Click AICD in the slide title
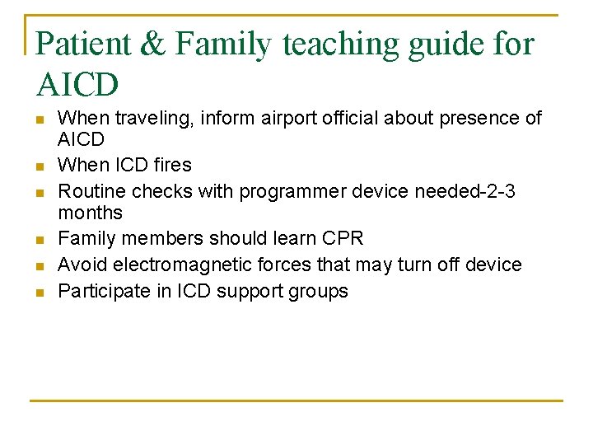tap(78, 83)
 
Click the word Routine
tap(89, 191)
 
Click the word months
tap(90, 213)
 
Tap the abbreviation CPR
tap(343, 239)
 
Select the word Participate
tap(101, 291)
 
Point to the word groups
tap(318, 292)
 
